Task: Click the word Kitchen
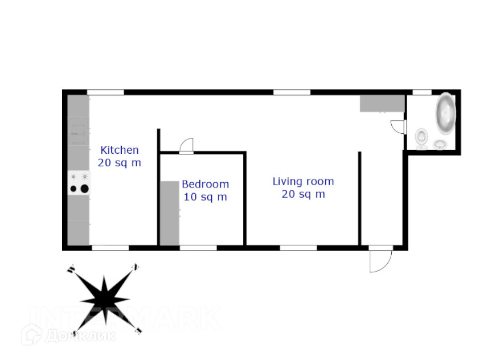point(120,150)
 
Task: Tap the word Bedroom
point(205,185)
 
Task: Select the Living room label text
point(303,182)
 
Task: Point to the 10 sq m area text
point(205,197)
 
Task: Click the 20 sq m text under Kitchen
point(120,163)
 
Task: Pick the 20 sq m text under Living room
point(303,194)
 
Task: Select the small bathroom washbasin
point(441,145)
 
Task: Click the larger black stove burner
point(84,189)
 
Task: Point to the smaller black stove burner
point(73,189)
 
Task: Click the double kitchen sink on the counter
point(79,133)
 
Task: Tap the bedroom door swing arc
point(187,146)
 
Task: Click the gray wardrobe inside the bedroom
point(169,213)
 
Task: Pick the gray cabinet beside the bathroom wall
point(382,103)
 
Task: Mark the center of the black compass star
point(104,297)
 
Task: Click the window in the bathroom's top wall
point(421,92)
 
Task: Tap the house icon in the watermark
point(32,334)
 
